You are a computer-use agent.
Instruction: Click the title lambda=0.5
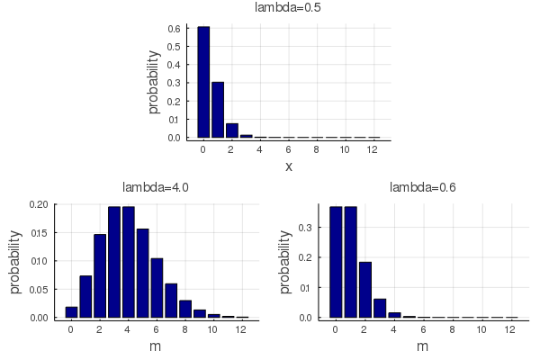(289, 8)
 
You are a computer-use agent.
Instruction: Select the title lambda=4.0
(156, 187)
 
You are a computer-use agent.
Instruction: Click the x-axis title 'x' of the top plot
(289, 166)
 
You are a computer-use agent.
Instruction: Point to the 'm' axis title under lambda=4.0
(156, 346)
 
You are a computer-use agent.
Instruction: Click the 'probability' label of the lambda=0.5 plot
(154, 81)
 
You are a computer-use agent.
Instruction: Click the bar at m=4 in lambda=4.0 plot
(129, 262)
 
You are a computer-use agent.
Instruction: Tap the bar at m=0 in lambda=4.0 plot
(71, 312)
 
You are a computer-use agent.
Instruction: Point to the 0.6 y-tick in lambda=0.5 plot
(176, 29)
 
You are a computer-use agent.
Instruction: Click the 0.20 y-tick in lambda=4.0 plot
(39, 204)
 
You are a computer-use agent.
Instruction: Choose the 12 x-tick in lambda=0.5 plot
(373, 149)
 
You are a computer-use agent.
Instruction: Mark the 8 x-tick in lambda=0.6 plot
(453, 329)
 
